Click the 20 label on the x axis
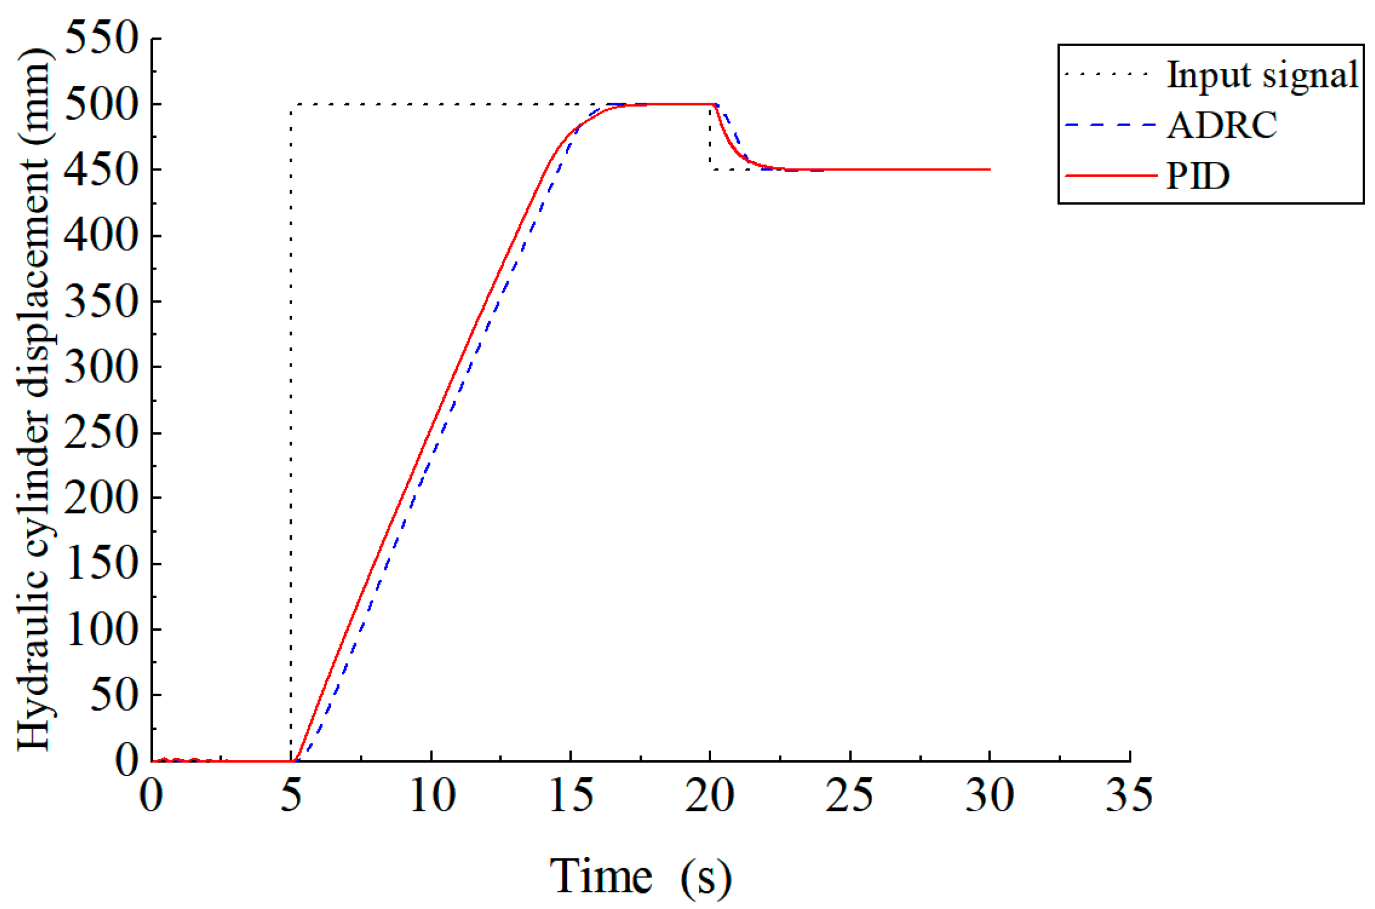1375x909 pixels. [709, 796]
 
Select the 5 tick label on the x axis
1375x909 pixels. [291, 796]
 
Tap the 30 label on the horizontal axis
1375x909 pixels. [989, 796]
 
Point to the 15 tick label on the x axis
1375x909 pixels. [571, 796]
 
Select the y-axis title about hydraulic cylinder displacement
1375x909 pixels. [34, 399]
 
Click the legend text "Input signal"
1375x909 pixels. [1262, 75]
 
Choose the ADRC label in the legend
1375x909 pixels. [1221, 125]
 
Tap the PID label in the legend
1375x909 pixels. [1197, 175]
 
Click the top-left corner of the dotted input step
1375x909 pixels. [291, 104]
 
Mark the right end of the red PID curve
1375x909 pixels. [990, 170]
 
